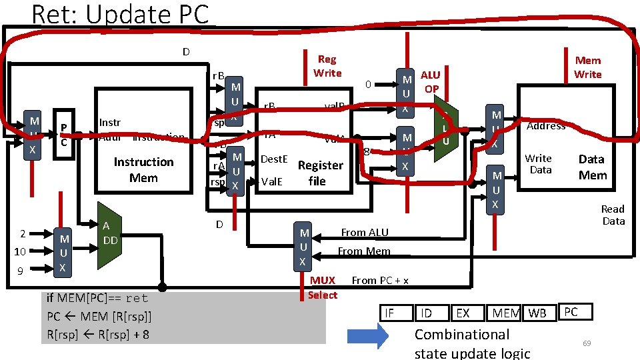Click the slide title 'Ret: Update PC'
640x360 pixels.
(x=120, y=14)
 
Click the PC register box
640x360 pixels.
(x=63, y=135)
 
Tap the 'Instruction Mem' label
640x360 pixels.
(x=143, y=170)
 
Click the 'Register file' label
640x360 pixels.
(x=320, y=173)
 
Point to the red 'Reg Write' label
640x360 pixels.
(x=327, y=66)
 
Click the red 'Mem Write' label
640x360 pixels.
(x=587, y=67)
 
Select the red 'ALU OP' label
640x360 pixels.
(x=431, y=82)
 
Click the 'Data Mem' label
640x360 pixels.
(x=592, y=167)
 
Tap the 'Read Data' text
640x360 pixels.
(x=613, y=215)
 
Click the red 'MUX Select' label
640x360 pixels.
(x=323, y=288)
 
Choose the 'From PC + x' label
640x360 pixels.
(x=380, y=281)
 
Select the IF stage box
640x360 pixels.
(x=390, y=313)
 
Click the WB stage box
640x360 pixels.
(x=537, y=313)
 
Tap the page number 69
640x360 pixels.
(x=587, y=343)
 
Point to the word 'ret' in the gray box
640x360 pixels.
(x=136, y=298)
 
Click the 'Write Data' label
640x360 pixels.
(x=539, y=164)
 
